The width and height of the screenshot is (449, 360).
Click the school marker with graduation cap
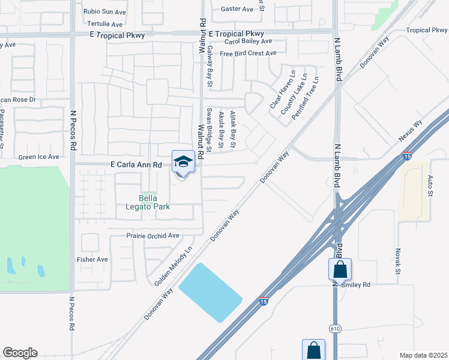pyautogui.click(x=183, y=162)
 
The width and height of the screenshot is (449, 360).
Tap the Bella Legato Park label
pyautogui.click(x=154, y=202)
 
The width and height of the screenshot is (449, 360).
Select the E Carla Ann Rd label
pyautogui.click(x=137, y=164)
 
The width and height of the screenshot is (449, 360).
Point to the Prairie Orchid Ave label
pyautogui.click(x=153, y=236)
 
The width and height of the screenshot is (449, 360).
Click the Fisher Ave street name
pyautogui.click(x=92, y=259)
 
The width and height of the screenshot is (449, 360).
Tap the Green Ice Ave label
pyautogui.click(x=39, y=157)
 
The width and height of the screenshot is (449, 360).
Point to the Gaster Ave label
pyautogui.click(x=237, y=9)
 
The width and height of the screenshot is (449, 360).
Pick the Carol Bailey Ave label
pyautogui.click(x=249, y=41)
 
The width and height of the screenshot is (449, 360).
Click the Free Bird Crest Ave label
pyautogui.click(x=248, y=53)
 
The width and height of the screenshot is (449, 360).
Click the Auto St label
pyautogui.click(x=430, y=186)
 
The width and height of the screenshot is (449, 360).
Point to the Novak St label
pyautogui.click(x=398, y=262)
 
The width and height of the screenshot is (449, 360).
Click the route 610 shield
pyautogui.click(x=334, y=329)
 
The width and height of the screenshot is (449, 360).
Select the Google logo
pyautogui.click(x=20, y=353)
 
